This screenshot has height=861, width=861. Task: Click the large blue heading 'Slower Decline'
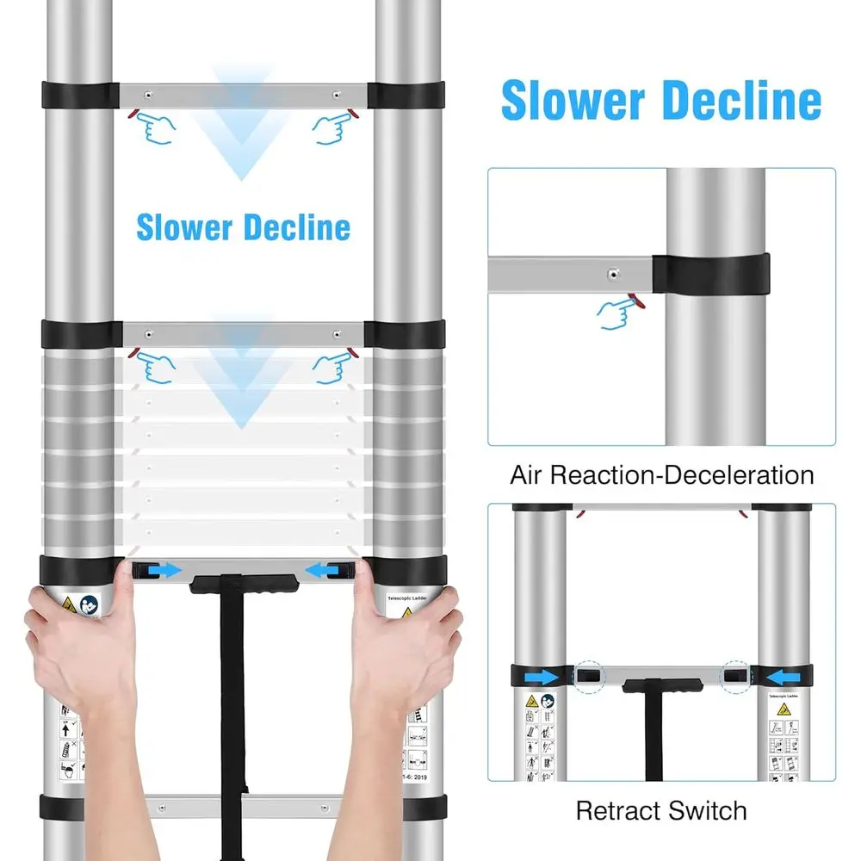click(x=661, y=102)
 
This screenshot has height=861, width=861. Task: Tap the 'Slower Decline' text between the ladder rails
click(x=244, y=228)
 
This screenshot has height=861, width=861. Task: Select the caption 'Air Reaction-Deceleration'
click(x=661, y=474)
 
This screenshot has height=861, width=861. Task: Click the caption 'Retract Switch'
click(x=661, y=810)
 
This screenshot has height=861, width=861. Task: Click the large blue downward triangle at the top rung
click(x=244, y=129)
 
